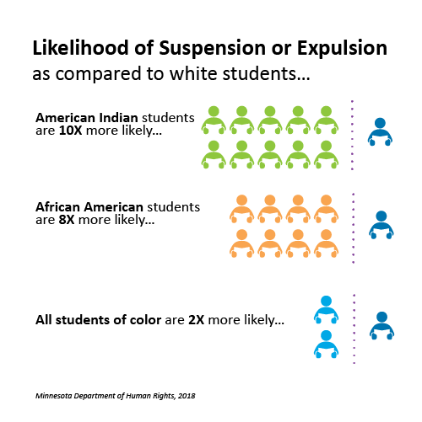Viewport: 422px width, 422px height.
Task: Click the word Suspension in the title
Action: [x=213, y=48]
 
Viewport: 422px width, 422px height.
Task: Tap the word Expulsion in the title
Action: [x=342, y=48]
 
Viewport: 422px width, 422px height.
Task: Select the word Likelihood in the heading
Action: [x=80, y=47]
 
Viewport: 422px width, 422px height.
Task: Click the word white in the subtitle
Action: [x=193, y=73]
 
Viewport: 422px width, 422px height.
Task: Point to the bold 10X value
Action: [x=70, y=131]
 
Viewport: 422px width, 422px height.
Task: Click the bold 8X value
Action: [x=67, y=220]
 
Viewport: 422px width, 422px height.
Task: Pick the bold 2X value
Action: [x=196, y=320]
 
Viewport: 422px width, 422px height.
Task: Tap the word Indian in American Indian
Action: [x=118, y=118]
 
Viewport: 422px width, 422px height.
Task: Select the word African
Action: [x=57, y=207]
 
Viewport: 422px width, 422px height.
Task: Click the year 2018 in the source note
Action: [x=187, y=396]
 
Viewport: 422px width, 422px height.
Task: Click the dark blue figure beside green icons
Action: [x=380, y=131]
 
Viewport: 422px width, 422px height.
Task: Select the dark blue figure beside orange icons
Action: [x=381, y=225]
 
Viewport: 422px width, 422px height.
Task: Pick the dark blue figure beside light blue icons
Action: [x=381, y=326]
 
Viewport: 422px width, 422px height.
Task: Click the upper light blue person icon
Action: [x=326, y=310]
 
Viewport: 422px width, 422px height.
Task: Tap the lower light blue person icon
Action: [x=326, y=345]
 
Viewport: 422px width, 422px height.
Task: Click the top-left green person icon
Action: [x=214, y=120]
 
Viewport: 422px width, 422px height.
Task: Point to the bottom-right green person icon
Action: [x=326, y=154]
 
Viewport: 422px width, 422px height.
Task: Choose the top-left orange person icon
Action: [x=241, y=209]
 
